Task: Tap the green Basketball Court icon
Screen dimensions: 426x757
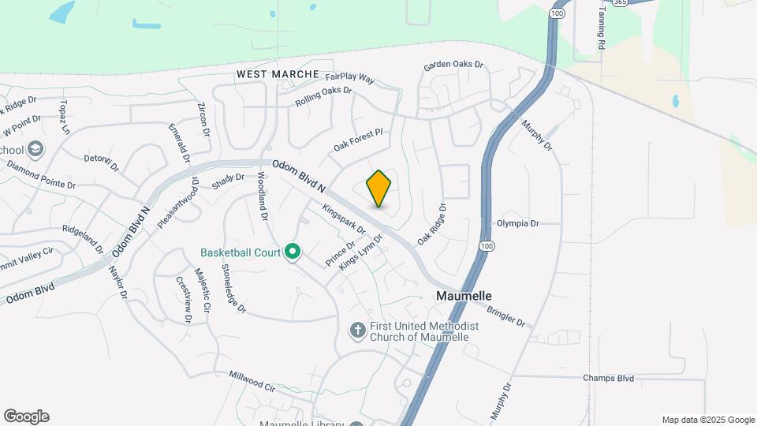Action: [293, 252]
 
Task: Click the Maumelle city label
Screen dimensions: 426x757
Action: [464, 296]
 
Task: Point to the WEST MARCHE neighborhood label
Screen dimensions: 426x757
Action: [278, 74]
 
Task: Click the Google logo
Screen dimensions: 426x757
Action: [26, 417]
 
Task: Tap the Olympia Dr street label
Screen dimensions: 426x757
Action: [517, 223]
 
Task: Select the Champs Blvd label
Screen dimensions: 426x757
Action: [608, 379]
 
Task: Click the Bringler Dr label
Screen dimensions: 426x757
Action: [505, 316]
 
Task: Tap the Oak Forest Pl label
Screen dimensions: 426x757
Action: [357, 140]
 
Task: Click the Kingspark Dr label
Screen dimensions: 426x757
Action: [344, 219]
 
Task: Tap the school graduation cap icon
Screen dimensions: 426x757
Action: [34, 148]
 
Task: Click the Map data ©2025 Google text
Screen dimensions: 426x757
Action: [708, 420]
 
